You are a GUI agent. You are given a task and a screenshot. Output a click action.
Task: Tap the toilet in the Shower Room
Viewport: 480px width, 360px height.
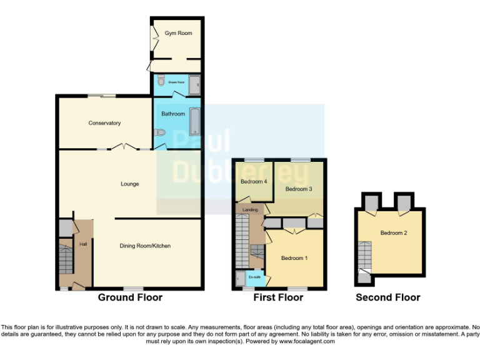(x=161, y=81)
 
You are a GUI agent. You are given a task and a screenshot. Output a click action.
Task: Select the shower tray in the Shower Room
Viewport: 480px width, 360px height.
(x=194, y=82)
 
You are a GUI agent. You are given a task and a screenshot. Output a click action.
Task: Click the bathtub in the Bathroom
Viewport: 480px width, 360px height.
(x=194, y=120)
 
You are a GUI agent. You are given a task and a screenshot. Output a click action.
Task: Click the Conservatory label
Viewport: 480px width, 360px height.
(x=104, y=123)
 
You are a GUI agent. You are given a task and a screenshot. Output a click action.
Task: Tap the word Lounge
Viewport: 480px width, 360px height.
(x=130, y=184)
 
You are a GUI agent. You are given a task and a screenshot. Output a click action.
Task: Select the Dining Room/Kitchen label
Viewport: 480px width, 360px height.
(x=145, y=246)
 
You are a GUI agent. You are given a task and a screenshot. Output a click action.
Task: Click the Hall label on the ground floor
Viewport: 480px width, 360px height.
(x=82, y=244)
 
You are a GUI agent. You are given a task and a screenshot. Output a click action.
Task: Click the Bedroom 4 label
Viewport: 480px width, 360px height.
(x=253, y=181)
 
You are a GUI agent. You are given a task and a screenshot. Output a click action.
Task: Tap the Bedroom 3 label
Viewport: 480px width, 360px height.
(x=298, y=188)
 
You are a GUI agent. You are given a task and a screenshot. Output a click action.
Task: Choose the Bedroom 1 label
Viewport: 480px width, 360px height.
(x=294, y=258)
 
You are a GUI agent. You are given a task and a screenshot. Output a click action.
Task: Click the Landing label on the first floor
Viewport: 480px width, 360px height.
(x=251, y=210)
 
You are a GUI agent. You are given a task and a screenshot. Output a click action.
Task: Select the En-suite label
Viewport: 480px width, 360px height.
(x=254, y=276)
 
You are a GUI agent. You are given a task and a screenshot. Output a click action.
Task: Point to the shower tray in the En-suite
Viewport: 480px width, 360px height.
(x=240, y=278)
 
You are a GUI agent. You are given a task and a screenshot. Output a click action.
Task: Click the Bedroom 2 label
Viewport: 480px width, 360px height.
(x=394, y=233)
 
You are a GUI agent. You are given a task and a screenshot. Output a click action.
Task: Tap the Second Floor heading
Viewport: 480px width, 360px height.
(x=387, y=297)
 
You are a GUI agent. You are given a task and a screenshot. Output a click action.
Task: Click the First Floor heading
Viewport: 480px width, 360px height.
(x=278, y=297)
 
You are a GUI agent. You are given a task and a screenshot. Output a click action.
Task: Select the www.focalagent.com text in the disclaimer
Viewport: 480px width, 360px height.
(x=307, y=341)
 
